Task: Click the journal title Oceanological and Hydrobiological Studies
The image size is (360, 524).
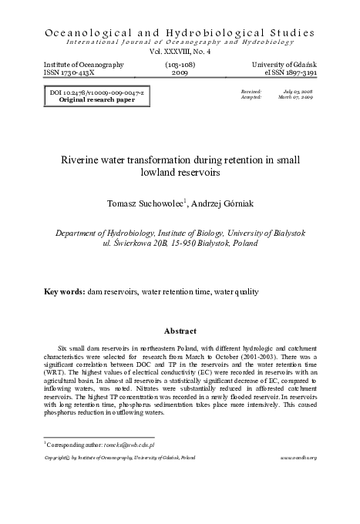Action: point(180,32)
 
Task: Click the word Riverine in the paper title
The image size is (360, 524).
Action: point(80,160)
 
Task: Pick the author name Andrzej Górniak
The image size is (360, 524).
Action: point(221,203)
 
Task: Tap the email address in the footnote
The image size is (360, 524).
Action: point(133,445)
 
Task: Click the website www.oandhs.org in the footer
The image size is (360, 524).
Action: point(298,458)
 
